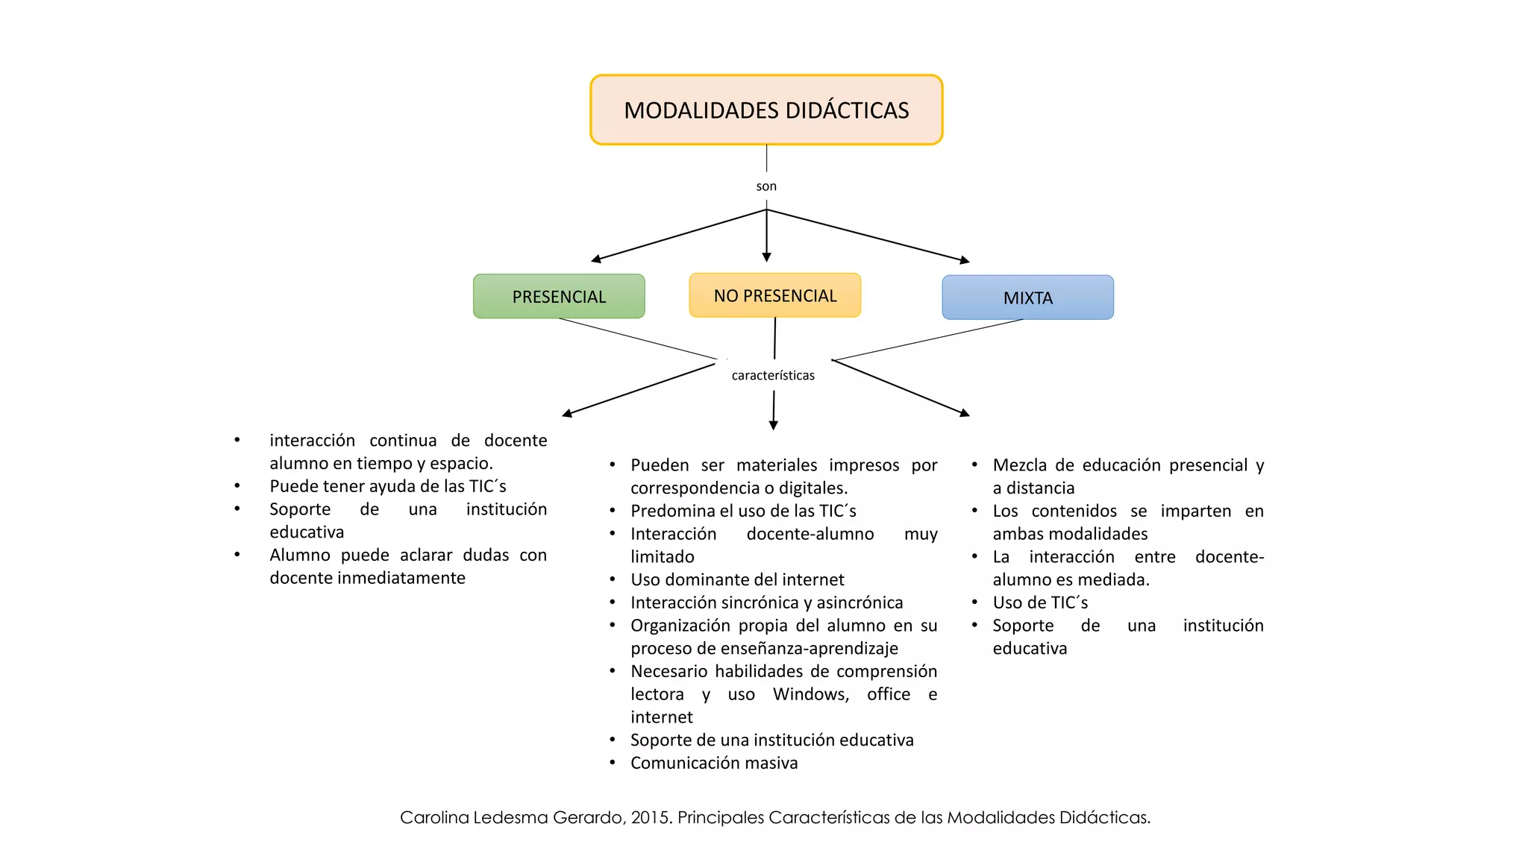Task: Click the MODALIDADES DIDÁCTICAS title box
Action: pos(766,110)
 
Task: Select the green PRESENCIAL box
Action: pos(559,297)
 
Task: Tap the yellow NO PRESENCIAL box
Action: pos(774,295)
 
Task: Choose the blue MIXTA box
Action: pos(1027,298)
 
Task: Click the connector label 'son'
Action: pos(766,186)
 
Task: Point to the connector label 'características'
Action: pos(773,375)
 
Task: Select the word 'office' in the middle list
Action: pos(888,694)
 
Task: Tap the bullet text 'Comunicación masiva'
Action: pos(714,763)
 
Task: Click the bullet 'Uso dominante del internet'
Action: pos(737,579)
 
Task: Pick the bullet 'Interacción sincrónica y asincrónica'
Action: pos(766,602)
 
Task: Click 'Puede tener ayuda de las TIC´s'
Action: pos(388,486)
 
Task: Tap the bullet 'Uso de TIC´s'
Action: pos(1040,602)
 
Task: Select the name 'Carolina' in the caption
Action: pos(434,817)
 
